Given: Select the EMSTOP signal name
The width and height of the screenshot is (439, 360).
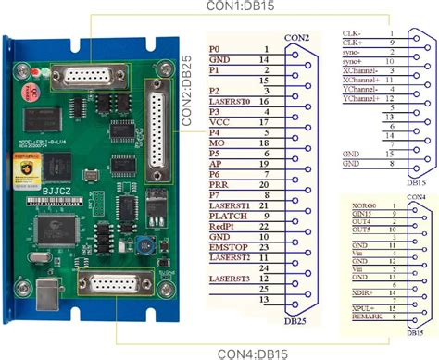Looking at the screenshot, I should [x=227, y=247].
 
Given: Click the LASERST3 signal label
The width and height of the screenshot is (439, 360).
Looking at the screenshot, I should [x=230, y=279].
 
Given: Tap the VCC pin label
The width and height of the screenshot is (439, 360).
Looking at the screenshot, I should [x=219, y=121].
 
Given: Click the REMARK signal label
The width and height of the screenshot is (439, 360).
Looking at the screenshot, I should [x=357, y=317].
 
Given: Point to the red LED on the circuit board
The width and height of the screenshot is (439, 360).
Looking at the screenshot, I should [x=33, y=70].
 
